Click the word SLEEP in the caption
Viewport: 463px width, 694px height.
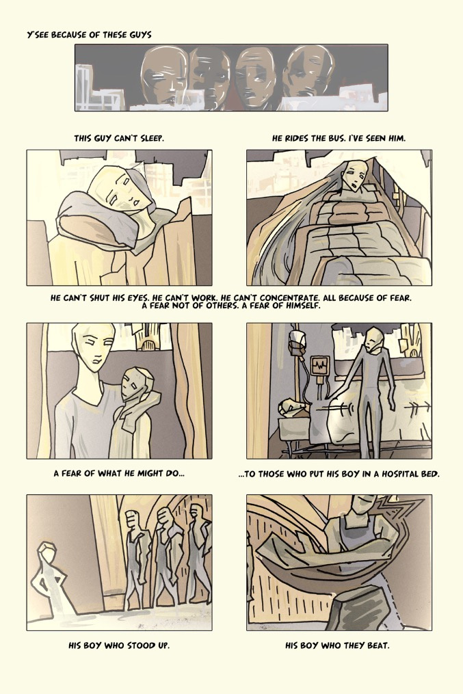pyautogui.click(x=152, y=138)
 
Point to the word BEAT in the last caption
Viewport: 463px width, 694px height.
pyautogui.click(x=378, y=645)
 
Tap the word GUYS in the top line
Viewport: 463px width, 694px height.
pyautogui.click(x=140, y=34)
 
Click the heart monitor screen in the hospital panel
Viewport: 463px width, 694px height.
pyautogui.click(x=320, y=366)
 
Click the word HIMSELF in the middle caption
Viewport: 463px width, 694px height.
pyautogui.click(x=300, y=306)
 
